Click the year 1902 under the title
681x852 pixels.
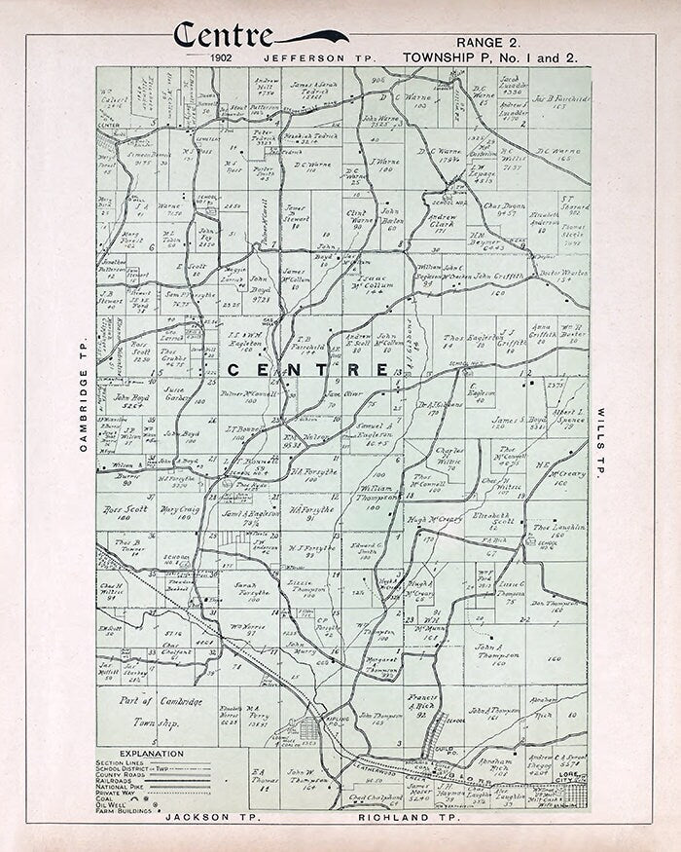222,58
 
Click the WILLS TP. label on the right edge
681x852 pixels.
600,440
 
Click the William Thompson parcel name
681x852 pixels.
376,492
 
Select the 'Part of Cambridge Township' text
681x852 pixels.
149,712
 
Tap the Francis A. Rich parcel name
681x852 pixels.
421,702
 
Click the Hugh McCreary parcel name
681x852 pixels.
434,520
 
